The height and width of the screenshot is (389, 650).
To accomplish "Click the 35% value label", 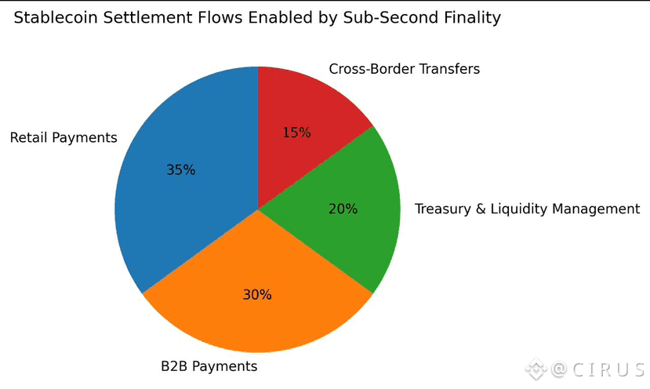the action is [x=180, y=169].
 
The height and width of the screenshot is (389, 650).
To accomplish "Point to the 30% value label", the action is [x=256, y=295].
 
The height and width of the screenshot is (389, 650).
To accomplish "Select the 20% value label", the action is [x=343, y=209].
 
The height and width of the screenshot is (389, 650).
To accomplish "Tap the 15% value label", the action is [x=296, y=133].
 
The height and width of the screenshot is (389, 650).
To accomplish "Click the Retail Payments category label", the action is [x=64, y=138].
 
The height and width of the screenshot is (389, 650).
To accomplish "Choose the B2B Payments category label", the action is [x=209, y=366].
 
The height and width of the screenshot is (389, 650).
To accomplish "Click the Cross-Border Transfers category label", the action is [x=404, y=69].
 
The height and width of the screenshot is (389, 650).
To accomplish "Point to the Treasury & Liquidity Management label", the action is [x=527, y=209].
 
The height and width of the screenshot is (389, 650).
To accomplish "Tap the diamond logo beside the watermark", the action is [x=536, y=368].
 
